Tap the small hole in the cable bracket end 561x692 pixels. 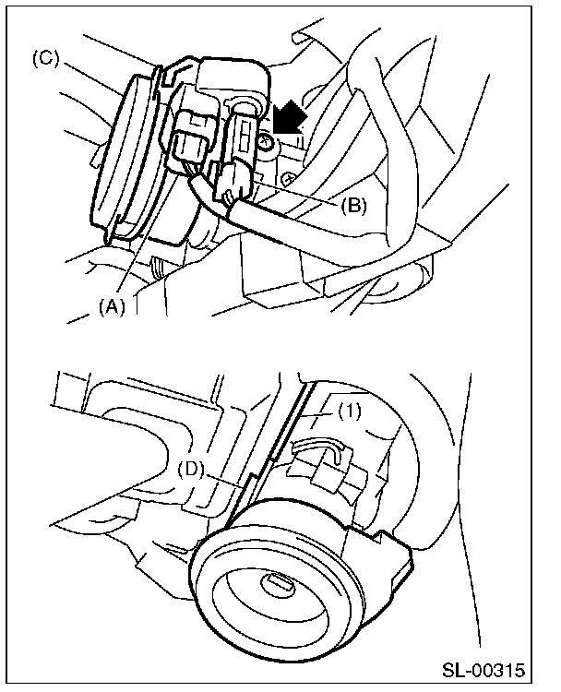coord(228,195)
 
